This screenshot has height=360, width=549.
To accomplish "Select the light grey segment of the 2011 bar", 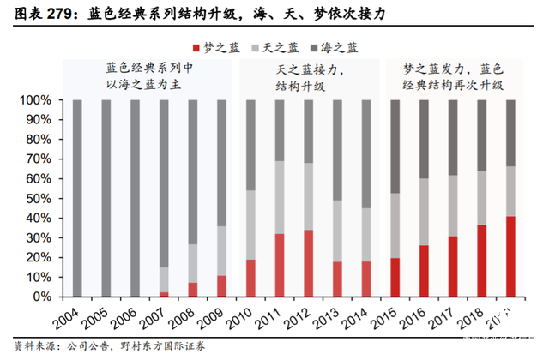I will coord(280,197).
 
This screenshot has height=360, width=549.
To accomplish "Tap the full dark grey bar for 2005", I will coord(106,198).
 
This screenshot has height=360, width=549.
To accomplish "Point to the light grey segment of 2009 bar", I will coord(221,250).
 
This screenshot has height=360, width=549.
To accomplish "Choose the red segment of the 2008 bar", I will coord(193,289).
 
